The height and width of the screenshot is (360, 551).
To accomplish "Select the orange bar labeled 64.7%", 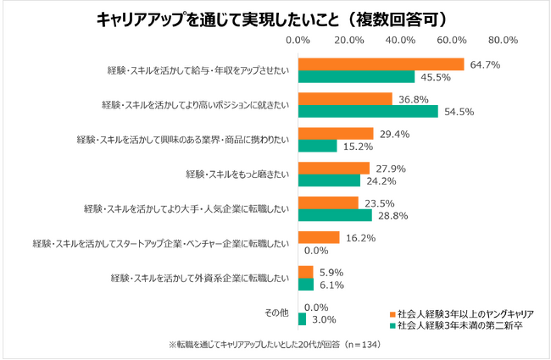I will click(x=381, y=64).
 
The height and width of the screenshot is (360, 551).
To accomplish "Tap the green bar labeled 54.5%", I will click(x=368, y=111).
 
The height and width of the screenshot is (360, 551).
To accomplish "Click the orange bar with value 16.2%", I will click(x=319, y=238).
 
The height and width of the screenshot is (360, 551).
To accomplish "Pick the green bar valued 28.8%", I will click(x=335, y=215).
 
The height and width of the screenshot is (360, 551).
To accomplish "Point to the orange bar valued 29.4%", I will click(x=336, y=133).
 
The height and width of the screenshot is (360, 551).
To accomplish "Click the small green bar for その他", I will click(x=302, y=319).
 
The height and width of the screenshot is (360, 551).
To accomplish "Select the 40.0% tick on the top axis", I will click(x=401, y=40).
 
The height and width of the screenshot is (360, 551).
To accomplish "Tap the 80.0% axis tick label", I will click(x=504, y=40).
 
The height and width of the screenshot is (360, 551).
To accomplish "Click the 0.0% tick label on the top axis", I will click(x=298, y=40).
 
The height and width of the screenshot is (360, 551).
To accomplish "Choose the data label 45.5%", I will click(x=432, y=76).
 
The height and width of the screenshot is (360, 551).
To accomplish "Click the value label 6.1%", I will click(x=331, y=285).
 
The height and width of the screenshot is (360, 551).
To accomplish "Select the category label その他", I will click(x=277, y=313).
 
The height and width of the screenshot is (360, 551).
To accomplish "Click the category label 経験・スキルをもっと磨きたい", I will click(x=237, y=174).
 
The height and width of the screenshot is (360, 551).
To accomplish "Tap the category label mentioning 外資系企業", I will click(x=201, y=278).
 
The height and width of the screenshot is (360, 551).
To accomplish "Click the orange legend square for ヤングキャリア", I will click(x=392, y=313).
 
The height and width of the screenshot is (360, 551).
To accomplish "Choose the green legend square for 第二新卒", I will click(x=392, y=325).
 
